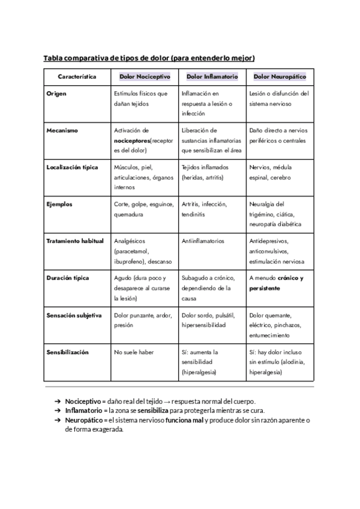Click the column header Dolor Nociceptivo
(145, 77)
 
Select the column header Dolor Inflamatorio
(212, 77)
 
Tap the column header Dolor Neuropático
(280, 77)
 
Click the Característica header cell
(77, 77)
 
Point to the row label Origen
(56, 94)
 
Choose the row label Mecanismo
(62, 130)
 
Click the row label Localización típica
(72, 167)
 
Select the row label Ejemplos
(59, 204)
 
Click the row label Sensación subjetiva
(74, 315)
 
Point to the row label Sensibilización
(67, 352)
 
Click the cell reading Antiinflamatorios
(203, 241)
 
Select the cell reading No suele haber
(134, 352)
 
